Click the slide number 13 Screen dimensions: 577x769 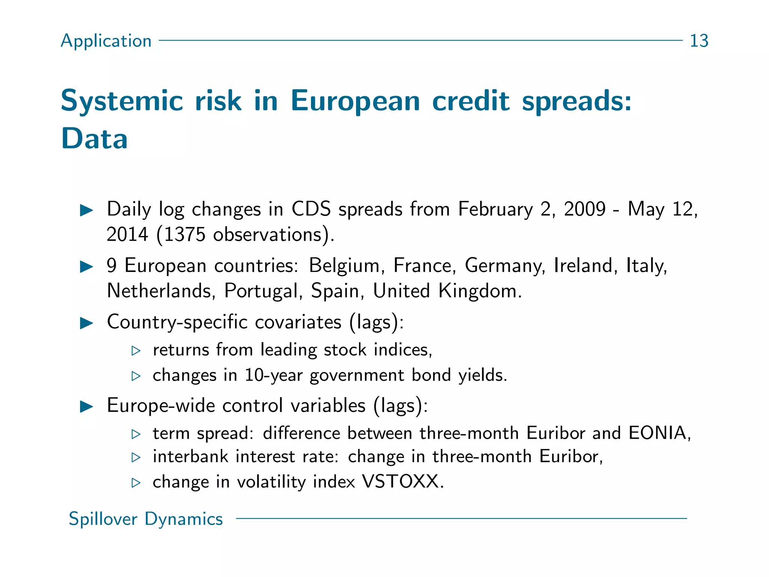699,41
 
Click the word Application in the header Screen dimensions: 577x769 106,41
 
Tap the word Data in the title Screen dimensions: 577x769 94,138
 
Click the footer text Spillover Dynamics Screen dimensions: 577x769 146,519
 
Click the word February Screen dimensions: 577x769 495,209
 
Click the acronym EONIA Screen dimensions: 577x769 659,433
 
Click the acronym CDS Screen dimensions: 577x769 311,209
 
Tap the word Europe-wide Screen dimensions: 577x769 161,406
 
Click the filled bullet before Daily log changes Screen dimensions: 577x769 87,210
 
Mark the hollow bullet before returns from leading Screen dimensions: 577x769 136,351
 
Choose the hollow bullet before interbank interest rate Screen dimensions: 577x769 136,458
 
